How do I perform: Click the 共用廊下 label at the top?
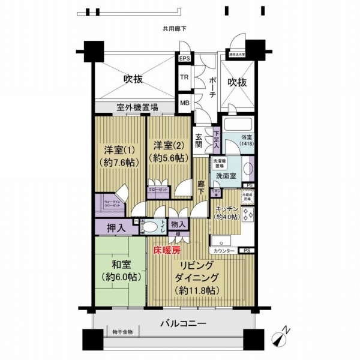point(174,29)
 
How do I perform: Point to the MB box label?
point(185,103)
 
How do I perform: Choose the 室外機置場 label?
point(137,108)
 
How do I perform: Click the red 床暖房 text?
point(167,251)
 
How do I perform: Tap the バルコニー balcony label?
point(183,323)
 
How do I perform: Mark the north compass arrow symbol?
point(282,339)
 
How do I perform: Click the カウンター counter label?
point(223,249)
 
